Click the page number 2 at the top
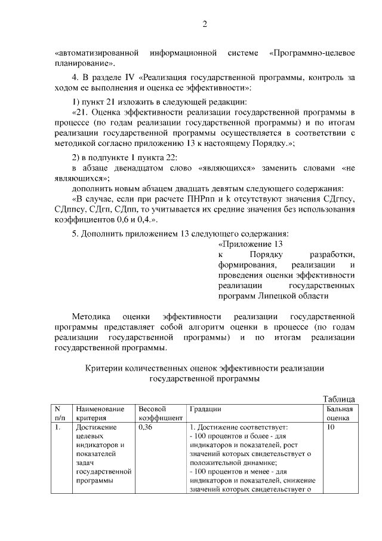pos(204,25)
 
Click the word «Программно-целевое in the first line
pos(312,54)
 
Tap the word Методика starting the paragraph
pos(90,317)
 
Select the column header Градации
pos(205,409)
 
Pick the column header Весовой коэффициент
pos(159,414)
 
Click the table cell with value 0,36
pos(146,428)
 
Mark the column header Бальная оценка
pos(340,414)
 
